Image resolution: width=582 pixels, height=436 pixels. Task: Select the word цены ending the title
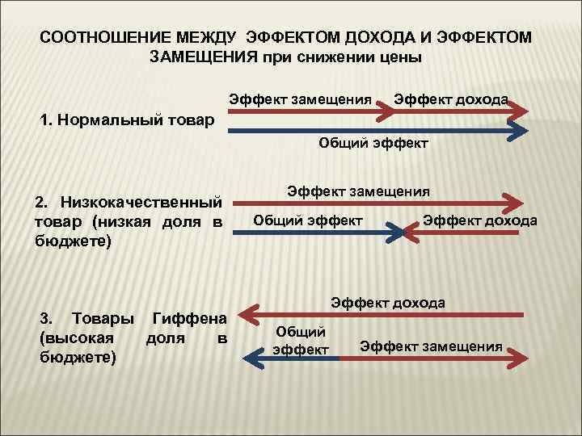(x=403, y=57)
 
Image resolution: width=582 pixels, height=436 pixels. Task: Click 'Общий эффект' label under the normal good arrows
(x=373, y=144)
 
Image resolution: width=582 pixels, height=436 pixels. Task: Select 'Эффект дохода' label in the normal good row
(x=450, y=99)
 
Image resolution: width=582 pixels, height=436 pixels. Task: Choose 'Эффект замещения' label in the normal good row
(x=300, y=99)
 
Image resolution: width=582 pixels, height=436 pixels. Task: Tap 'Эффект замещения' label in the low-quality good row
(x=358, y=192)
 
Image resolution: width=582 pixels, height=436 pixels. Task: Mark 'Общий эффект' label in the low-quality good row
(x=308, y=220)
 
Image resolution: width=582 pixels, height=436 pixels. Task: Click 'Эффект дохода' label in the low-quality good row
(x=480, y=220)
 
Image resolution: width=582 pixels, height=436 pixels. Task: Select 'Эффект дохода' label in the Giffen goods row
(x=388, y=303)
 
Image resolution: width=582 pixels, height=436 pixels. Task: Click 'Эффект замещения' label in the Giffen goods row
(x=431, y=346)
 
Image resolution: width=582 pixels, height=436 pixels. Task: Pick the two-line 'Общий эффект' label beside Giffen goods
(x=301, y=340)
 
